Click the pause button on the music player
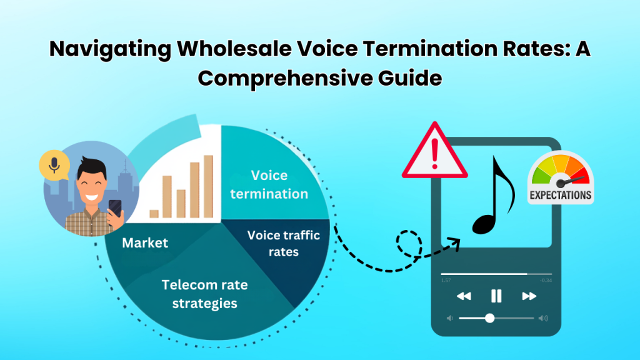496,296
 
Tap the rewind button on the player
464,296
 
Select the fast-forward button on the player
529,296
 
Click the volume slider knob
489,318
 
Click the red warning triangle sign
434,154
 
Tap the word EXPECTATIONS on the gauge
560,195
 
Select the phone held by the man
115,210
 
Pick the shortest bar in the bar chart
154,213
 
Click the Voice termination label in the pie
269,184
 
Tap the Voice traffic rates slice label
284,244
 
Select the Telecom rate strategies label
205,294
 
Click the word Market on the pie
145,242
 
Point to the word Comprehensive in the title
272,79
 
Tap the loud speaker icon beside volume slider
542,318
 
